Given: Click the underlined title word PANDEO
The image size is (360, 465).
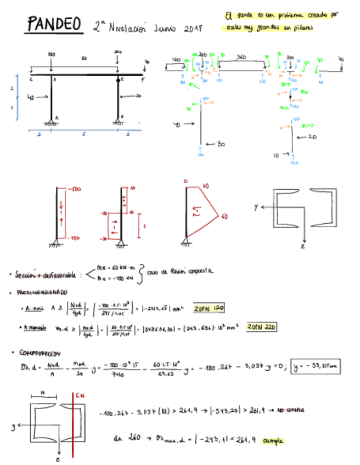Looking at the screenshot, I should (54, 24).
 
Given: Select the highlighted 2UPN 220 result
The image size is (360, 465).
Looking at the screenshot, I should (261, 327).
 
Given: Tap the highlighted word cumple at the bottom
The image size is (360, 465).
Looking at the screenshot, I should (275, 440).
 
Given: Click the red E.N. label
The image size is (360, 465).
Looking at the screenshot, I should (81, 394).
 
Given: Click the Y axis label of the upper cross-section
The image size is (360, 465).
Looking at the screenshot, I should (256, 208).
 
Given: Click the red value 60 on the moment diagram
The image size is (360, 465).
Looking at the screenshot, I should (224, 216).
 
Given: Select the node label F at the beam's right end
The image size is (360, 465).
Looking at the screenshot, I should (142, 80).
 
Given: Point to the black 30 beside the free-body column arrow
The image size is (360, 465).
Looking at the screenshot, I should (221, 144).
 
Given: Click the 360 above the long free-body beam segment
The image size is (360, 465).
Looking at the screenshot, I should (240, 56).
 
